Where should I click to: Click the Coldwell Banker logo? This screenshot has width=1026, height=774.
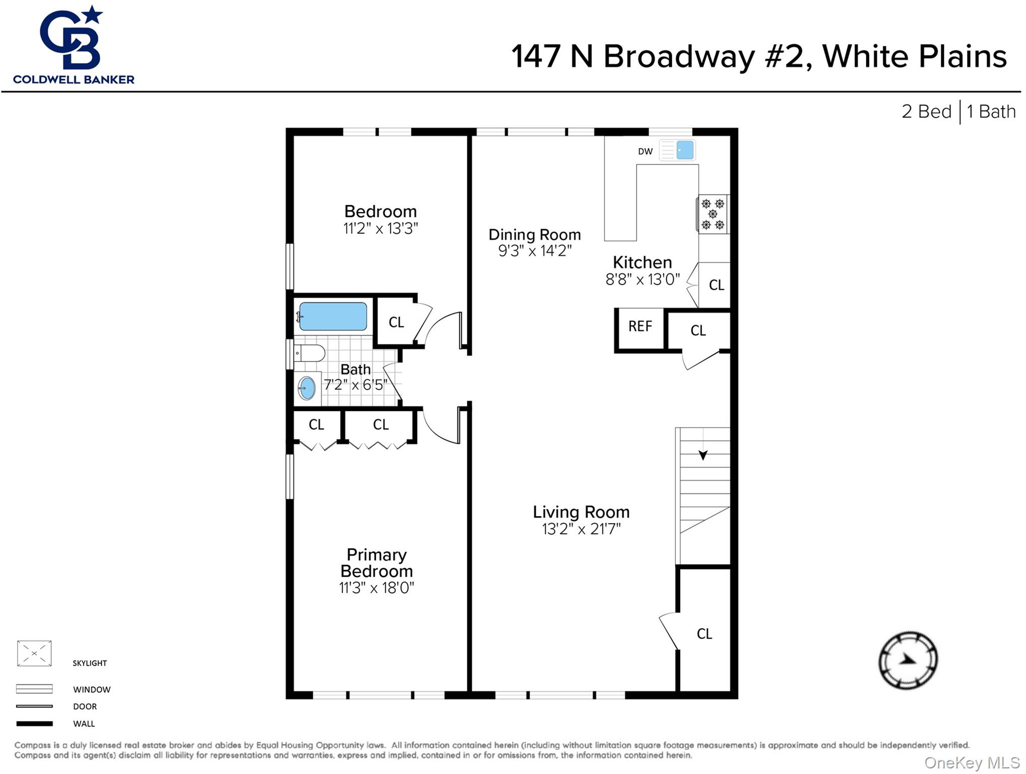[x=74, y=45]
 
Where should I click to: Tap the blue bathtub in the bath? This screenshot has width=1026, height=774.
[x=333, y=316]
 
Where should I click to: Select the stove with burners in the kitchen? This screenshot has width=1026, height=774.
[x=712, y=214]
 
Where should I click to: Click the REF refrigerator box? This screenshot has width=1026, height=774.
[x=640, y=327]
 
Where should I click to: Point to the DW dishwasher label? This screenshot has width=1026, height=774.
[x=645, y=151]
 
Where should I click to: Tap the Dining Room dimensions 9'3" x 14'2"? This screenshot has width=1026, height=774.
[x=534, y=251]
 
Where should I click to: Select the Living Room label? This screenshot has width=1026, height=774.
[x=581, y=512]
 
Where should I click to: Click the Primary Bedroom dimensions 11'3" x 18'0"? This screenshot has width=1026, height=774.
[x=376, y=588]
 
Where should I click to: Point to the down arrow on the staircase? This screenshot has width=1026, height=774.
[x=703, y=455]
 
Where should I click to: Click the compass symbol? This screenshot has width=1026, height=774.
[x=908, y=660]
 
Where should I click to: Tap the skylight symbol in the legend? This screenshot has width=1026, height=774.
[x=34, y=653]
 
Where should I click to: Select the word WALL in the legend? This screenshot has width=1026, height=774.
[x=84, y=724]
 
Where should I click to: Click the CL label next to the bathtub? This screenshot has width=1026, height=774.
[x=396, y=322]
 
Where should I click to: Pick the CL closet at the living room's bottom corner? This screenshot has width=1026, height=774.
[x=704, y=634]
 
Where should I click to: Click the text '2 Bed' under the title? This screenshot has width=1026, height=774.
[x=926, y=111]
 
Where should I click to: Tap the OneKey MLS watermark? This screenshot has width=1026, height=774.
[x=972, y=763]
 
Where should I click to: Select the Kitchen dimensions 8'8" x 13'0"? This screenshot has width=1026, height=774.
[x=642, y=279]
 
